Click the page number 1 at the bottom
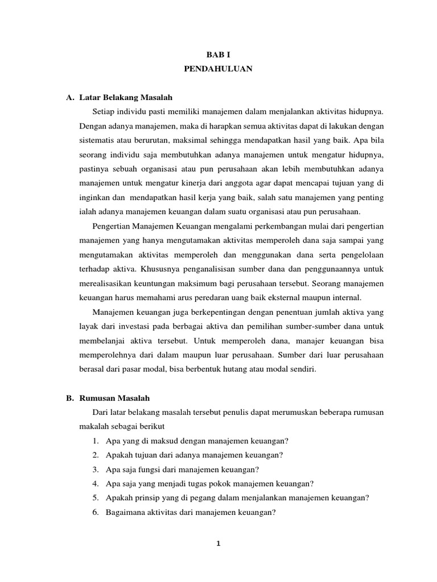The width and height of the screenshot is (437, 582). (x=218, y=543)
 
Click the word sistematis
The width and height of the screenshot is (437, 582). (x=97, y=139)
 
